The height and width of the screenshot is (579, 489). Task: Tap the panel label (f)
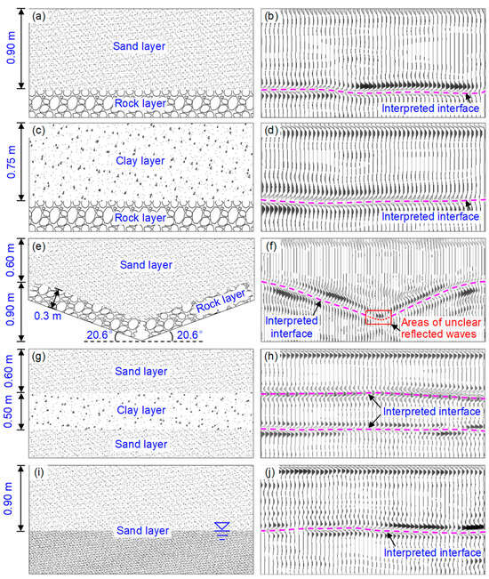tap(276, 247)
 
